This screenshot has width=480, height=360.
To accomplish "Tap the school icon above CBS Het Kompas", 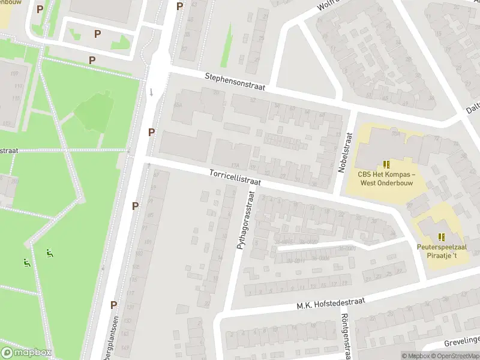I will pos(386,164).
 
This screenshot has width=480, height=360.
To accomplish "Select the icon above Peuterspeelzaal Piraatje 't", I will pos(442,236).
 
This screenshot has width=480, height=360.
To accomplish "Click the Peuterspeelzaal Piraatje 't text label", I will pos(441,251).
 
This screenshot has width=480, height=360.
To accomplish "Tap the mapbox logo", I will pos(27,352).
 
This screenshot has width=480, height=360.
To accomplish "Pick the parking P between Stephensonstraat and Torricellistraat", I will pos(152,132).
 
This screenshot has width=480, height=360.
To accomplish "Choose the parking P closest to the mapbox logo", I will pos(113,304).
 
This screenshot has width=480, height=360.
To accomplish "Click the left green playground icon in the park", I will pos(26,262).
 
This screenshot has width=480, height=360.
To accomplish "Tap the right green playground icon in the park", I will pos(49,253).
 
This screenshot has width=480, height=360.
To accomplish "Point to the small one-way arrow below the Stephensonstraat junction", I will pos(152,92).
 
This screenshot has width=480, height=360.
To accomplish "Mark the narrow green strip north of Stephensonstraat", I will pos(227,45).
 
